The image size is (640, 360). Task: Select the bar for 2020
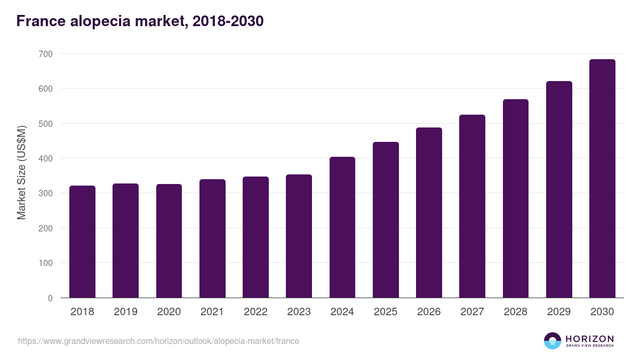tap(169, 241)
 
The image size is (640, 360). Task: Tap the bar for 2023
tap(299, 236)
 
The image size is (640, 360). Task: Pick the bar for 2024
tap(342, 227)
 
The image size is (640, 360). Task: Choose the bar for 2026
tap(429, 213)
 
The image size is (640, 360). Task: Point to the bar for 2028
tap(516, 198)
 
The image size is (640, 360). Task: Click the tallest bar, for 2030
tap(602, 179)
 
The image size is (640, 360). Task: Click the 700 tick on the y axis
tap(45, 54)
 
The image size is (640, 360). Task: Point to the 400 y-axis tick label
tap(45, 158)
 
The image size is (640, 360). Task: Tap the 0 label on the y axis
tap(50, 298)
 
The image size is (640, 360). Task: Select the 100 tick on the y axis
tap(45, 263)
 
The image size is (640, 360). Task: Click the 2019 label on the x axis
tap(125, 312)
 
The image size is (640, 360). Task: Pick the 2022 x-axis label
tap(255, 312)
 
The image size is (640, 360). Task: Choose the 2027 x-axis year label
tap(472, 312)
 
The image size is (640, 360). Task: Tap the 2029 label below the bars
tap(559, 312)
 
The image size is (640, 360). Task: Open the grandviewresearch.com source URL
tap(158, 341)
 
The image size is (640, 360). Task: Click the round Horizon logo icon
tap(553, 341)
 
